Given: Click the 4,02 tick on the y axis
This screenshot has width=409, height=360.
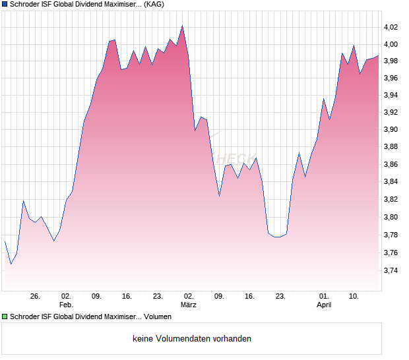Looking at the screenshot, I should pyautogui.click(x=391, y=27).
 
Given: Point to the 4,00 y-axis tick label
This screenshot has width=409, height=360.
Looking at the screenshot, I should pyautogui.click(x=391, y=44).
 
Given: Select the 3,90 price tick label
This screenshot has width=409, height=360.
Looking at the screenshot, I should pyautogui.click(x=391, y=130).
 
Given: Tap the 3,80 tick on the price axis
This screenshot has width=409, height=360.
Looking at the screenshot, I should pyautogui.click(x=391, y=217).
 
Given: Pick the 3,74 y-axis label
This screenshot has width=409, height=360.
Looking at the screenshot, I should pyautogui.click(x=391, y=270).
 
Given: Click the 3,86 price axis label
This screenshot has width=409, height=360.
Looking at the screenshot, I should pyautogui.click(x=391, y=164).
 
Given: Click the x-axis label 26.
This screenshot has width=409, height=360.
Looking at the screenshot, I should pyautogui.click(x=36, y=297).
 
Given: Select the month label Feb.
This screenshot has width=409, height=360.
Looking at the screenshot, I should pyautogui.click(x=66, y=305).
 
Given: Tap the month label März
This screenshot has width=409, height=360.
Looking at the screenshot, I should pyautogui.click(x=189, y=305).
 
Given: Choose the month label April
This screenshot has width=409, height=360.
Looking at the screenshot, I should pyautogui.click(x=323, y=305).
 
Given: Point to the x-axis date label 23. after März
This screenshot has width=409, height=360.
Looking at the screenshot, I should pyautogui.click(x=280, y=297).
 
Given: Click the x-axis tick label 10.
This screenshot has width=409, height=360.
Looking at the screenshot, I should pyautogui.click(x=354, y=297).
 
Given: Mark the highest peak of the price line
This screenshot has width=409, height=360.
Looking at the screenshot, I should pyautogui.click(x=182, y=26).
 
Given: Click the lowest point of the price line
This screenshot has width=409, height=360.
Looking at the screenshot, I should pyautogui.click(x=11, y=264).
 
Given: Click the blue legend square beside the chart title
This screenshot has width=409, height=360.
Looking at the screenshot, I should pyautogui.click(x=5, y=5).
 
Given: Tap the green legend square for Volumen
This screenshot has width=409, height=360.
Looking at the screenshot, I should pyautogui.click(x=5, y=317).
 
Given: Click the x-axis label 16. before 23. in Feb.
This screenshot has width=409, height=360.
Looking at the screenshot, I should pyautogui.click(x=127, y=297).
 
